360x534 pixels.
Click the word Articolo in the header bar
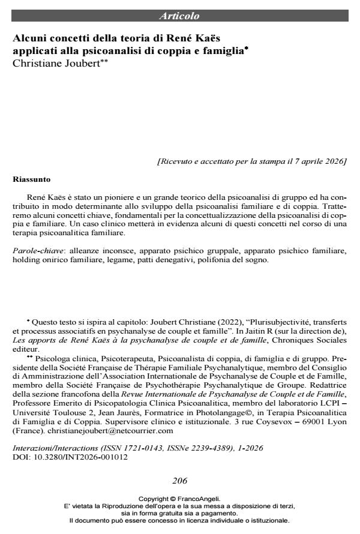tap(179, 16)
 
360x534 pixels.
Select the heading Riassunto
tap(32, 179)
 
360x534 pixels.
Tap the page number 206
tap(179, 480)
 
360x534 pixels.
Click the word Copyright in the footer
tap(154, 499)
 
